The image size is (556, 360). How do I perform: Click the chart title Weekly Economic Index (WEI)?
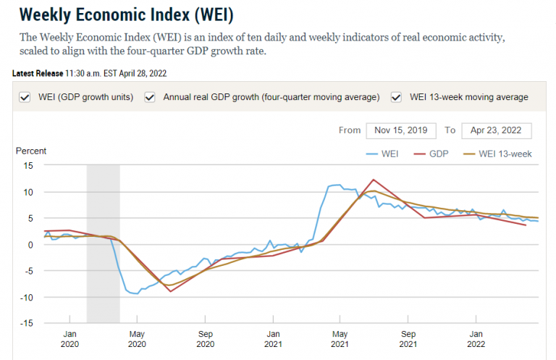click(126, 14)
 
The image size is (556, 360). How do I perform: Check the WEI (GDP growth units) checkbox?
click(25, 97)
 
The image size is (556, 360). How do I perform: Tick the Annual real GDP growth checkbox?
click(151, 97)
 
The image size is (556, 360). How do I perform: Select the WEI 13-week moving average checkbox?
click(397, 97)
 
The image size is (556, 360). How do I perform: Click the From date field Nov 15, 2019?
click(401, 130)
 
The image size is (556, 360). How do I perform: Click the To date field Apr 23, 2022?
click(496, 130)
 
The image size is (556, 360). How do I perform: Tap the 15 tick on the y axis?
click(29, 166)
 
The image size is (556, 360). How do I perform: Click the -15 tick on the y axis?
click(28, 323)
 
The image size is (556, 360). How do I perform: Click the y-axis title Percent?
click(31, 151)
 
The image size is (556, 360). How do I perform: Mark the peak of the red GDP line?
click(373, 180)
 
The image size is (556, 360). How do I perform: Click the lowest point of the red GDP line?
click(171, 291)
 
